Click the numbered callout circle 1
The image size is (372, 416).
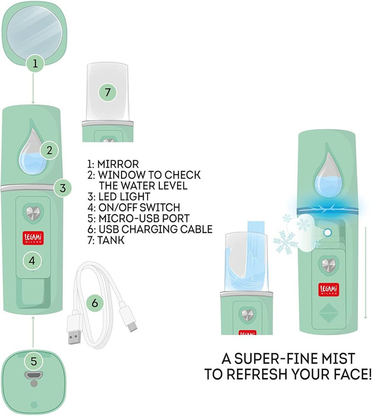click(x=35, y=63)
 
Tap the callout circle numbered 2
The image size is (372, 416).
click(x=49, y=150)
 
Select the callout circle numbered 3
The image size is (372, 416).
click(x=63, y=188)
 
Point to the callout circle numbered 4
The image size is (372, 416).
click(x=32, y=261)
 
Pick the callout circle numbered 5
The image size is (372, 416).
click(x=34, y=361)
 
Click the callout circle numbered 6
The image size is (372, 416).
click(x=95, y=303)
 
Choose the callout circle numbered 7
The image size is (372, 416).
click(x=108, y=92)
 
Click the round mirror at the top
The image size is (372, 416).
click(x=34, y=32)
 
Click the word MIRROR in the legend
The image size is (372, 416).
click(x=118, y=164)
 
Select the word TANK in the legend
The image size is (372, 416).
click(x=111, y=240)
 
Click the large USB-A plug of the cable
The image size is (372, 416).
click(x=73, y=329)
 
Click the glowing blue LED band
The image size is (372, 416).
click(x=328, y=209)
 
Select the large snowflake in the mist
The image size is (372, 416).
click(x=284, y=242)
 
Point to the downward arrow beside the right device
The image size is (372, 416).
click(x=365, y=272)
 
